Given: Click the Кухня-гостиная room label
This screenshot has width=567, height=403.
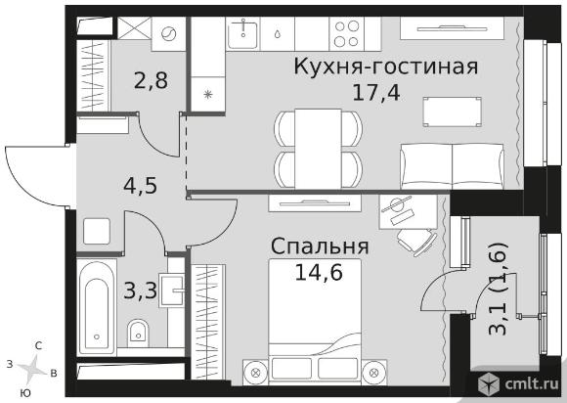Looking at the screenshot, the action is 386,67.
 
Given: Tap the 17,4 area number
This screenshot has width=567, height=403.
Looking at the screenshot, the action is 376,93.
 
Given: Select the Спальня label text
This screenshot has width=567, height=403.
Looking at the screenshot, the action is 320,246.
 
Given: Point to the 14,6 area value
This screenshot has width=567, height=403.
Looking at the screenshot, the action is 319,272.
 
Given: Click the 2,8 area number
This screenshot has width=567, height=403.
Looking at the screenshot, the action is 151,80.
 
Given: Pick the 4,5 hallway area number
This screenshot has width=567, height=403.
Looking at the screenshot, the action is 141,186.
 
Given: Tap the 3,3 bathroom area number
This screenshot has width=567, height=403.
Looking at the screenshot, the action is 141,291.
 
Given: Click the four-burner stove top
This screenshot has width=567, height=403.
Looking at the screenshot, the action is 346,33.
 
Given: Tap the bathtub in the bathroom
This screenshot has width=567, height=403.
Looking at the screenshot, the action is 97,307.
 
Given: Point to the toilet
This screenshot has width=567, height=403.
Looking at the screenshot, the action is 138,333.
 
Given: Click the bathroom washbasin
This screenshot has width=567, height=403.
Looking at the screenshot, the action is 172,290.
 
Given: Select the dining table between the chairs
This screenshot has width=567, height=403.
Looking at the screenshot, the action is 318,149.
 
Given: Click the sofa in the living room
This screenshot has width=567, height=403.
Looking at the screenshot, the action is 452,166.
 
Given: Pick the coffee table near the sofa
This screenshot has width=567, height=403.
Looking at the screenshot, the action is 452,112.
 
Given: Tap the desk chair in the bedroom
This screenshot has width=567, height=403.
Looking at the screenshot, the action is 416,241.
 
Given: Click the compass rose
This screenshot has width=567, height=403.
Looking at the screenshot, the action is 31,369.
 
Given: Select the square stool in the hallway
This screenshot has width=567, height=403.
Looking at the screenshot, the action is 97,231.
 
